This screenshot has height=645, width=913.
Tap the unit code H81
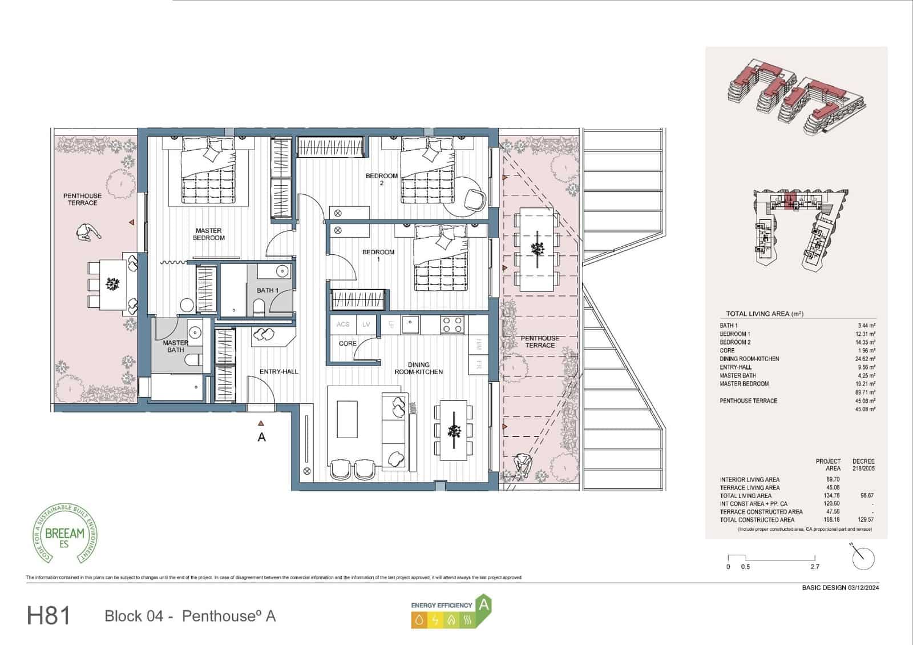point(49,616)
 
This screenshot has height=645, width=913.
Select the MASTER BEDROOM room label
point(208,234)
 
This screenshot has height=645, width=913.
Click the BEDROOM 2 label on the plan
point(381,179)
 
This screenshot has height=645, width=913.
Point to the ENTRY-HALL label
point(278,372)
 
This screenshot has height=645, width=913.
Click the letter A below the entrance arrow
point(261,438)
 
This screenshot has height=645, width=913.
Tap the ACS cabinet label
point(342,324)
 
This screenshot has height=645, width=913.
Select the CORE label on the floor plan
point(348,343)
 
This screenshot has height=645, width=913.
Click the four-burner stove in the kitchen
point(452,325)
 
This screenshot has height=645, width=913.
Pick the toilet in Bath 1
point(259,309)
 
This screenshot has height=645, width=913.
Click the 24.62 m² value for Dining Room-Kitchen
point(865,359)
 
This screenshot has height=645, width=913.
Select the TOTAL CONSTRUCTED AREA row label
point(757,520)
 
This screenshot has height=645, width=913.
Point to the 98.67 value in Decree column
point(866,496)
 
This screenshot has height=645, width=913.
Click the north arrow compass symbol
point(862,557)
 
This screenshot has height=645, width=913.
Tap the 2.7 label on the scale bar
point(814,567)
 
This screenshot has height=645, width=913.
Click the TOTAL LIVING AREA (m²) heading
point(764,314)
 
